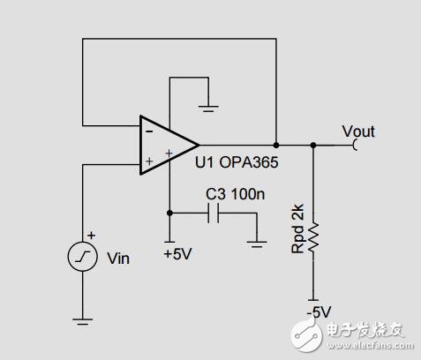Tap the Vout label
(x=358, y=131)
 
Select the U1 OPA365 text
(x=231, y=164)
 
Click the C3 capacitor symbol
(x=213, y=213)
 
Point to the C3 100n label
(x=234, y=193)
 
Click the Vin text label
(x=117, y=259)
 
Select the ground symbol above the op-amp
(x=208, y=109)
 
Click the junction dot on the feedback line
(x=276, y=145)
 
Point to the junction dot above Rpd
(x=313, y=145)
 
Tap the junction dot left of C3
(x=169, y=213)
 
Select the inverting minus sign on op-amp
(x=147, y=130)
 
